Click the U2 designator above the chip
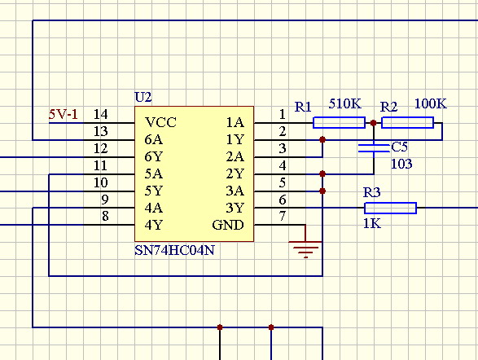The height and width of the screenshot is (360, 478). [x=143, y=97]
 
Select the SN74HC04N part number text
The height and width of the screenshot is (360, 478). [x=175, y=251]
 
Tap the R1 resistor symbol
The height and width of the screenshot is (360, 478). [x=339, y=122]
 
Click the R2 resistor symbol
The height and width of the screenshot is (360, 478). [x=408, y=122]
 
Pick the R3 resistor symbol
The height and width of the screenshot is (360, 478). [x=391, y=209]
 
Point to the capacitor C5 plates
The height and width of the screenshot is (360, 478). [x=374, y=148]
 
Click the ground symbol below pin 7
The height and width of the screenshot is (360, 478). [x=305, y=249]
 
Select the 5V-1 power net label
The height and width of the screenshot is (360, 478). [x=64, y=115]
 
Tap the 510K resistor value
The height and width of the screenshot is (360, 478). [x=344, y=104]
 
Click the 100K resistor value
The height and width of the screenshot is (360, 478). [x=431, y=104]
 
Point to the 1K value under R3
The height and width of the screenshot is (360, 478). [x=372, y=224]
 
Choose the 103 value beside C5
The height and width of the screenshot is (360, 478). [x=401, y=164]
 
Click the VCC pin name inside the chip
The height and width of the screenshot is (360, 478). [x=160, y=122]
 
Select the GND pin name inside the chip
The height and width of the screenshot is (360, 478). [x=228, y=226]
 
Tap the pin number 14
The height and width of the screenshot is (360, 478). [x=101, y=114]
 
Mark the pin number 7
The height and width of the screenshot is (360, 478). [x=283, y=216]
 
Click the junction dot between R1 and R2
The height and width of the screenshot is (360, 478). [x=374, y=123]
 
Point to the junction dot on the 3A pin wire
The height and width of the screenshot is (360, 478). [x=322, y=191]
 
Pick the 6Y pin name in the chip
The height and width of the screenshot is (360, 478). [x=154, y=157]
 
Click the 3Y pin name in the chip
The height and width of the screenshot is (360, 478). [x=235, y=209]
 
